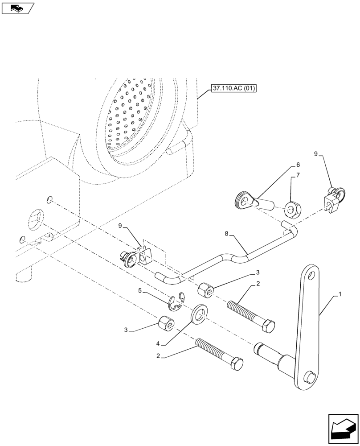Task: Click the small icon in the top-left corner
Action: (17, 8)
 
